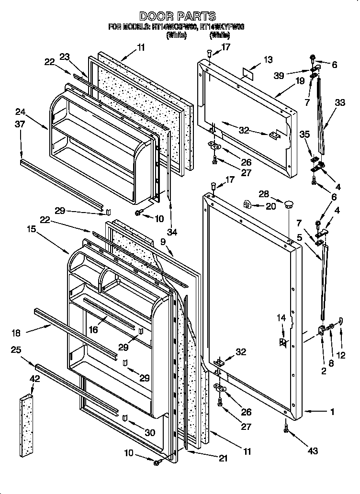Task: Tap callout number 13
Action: point(269,60)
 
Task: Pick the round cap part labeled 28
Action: point(288,206)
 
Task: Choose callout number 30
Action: point(150,433)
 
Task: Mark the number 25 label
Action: point(16,350)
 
